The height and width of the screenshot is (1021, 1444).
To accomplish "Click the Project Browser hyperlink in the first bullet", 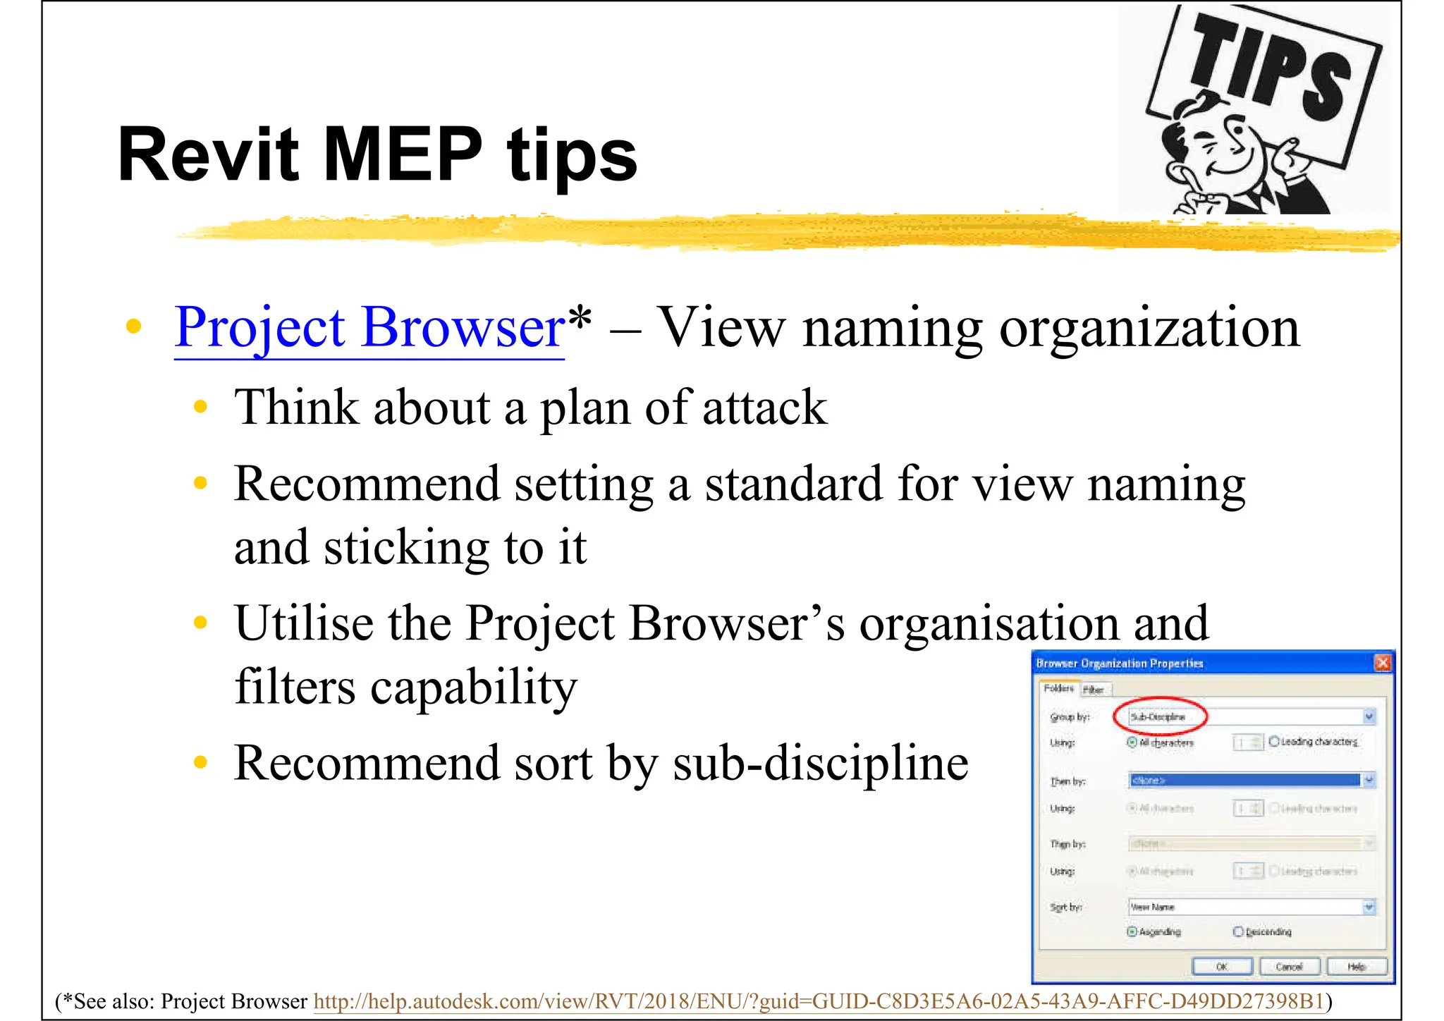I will tap(369, 329).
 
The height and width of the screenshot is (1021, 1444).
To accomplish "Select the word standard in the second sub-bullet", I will tap(793, 485).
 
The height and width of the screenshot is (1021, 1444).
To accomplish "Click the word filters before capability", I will tap(295, 687).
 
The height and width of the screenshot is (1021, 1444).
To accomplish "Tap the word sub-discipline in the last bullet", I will tap(821, 764).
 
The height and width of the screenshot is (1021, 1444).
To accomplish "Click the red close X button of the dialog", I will tap(1382, 663).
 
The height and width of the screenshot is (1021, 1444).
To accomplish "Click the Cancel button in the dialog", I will tap(1288, 966).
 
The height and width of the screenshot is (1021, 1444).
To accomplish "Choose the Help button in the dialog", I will tap(1357, 966).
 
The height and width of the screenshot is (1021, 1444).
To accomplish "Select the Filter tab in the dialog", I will tap(1094, 690).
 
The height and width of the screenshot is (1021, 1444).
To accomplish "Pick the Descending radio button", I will tap(1238, 931).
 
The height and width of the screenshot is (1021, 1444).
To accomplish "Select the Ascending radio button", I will tap(1132, 931).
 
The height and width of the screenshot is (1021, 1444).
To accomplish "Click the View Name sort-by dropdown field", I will tap(1245, 907).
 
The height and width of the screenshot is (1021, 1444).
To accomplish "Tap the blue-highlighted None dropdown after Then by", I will tap(1245, 780).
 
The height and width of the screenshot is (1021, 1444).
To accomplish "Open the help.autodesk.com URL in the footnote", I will tap(818, 1001).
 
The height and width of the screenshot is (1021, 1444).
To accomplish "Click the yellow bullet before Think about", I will tap(201, 407).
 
